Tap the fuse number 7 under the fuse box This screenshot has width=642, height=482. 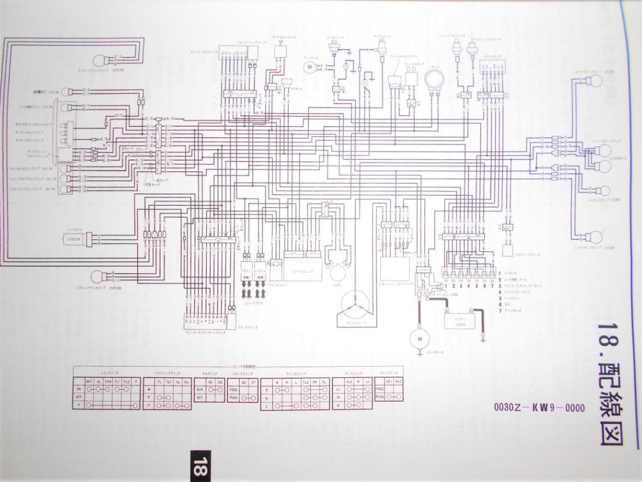(492, 285)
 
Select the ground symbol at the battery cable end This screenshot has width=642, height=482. (484, 340)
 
